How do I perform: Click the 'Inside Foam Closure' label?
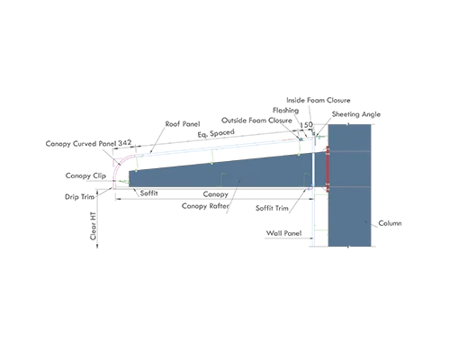coord(319,100)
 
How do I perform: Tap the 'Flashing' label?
coord(285,111)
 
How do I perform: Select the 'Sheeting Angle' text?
coord(356,114)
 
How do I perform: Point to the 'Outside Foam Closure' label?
coord(256,121)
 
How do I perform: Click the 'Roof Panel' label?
coord(183,124)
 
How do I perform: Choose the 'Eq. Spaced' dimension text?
coord(216,133)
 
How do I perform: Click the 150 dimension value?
coord(306,125)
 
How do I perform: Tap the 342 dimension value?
coord(125,143)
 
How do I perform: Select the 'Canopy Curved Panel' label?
coord(81,144)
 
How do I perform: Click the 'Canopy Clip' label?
coord(85,175)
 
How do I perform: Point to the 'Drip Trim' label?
coord(79,197)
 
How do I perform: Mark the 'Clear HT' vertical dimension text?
coord(94,226)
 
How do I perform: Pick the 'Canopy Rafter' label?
coord(206,206)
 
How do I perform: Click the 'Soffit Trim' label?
coord(272,208)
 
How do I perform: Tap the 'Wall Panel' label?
coord(283,233)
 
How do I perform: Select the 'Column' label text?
coord(390,223)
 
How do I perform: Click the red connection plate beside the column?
coord(328,169)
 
